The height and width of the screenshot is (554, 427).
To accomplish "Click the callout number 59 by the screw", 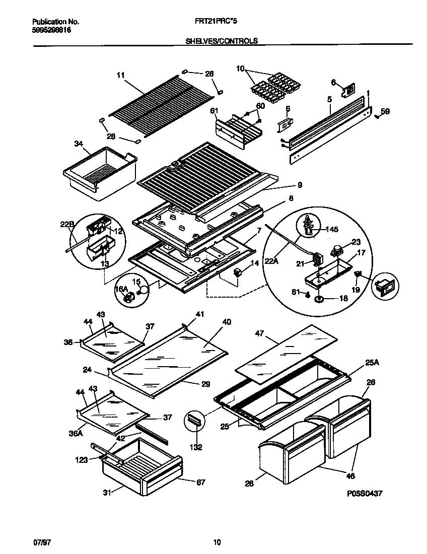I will click(x=385, y=111).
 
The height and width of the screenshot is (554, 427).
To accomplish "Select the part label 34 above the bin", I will click(x=79, y=144).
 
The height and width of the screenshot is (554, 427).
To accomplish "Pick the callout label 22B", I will click(x=67, y=225).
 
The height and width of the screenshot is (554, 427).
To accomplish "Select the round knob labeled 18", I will click(x=318, y=299).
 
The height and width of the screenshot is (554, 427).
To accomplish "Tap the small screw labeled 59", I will click(x=376, y=116).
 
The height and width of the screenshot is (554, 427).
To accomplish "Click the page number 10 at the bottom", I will click(x=217, y=542).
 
